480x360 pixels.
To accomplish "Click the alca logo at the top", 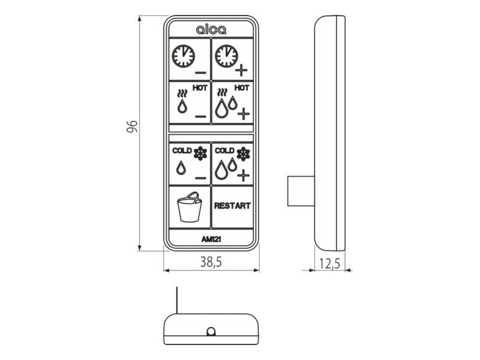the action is (211, 29).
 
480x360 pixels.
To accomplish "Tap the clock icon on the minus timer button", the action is (183, 56).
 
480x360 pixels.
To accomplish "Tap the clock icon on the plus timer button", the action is (226, 56).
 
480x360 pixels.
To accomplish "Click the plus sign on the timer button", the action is (241, 70).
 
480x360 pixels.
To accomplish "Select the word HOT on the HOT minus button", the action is (200, 88).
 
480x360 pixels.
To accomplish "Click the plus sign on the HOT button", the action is (244, 114).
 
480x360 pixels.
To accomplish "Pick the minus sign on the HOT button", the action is (201, 116).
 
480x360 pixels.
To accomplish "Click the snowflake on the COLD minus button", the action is (200, 154).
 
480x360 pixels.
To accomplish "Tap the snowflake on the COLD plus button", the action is (244, 154).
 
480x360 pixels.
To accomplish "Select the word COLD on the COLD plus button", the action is (224, 151).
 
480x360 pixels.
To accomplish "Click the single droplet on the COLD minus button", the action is (181, 168).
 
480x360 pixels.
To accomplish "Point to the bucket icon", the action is (190, 206).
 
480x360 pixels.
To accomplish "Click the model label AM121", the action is (211, 239).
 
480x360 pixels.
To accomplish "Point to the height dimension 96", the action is (132, 127).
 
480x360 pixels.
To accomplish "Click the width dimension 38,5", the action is (211, 262).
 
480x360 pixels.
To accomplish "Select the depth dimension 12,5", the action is (329, 263).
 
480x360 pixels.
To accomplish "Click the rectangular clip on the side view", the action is (301, 191).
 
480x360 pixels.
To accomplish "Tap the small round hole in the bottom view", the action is (211, 332).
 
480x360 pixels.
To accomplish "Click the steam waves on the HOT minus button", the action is (182, 94).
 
